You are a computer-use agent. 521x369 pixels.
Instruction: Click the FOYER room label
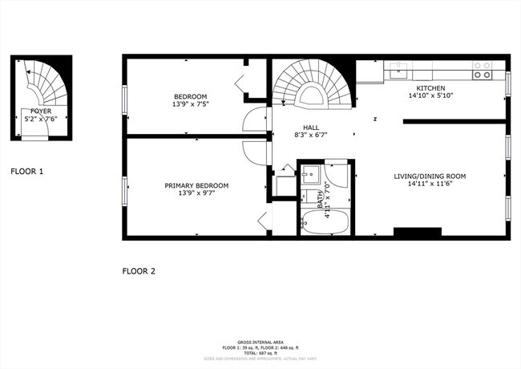coord(42,112)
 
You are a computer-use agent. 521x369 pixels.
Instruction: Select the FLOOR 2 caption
coord(138,271)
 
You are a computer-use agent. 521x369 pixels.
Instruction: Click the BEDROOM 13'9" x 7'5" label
coord(189,96)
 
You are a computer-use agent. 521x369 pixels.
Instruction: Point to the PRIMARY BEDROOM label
coord(196,186)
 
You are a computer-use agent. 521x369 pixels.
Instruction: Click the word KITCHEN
coord(430,88)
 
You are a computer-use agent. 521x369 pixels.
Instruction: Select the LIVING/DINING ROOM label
coord(429,176)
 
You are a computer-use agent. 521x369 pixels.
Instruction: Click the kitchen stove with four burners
coord(482,71)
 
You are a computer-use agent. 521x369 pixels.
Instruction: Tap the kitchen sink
coord(399,70)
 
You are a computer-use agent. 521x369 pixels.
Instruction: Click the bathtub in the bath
coord(325,223)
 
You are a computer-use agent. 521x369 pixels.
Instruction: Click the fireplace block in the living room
coord(417,232)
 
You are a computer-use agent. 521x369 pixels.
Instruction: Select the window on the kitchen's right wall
coord(507,84)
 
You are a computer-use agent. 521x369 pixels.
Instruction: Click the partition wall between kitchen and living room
coord(454,122)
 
